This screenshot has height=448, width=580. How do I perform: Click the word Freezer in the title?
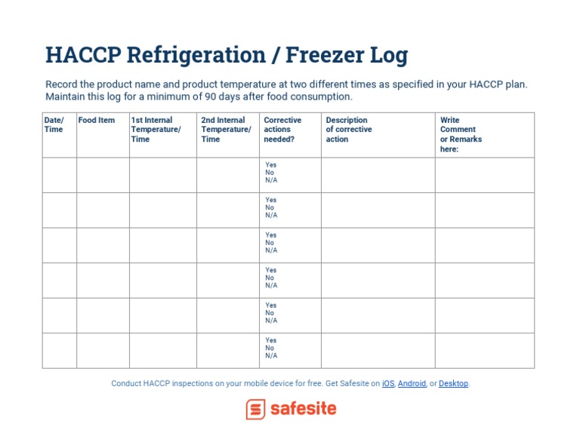click(x=325, y=55)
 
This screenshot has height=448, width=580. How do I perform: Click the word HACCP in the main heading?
click(x=83, y=55)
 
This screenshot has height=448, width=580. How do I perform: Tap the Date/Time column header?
click(x=54, y=125)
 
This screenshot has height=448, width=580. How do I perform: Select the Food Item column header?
click(x=97, y=120)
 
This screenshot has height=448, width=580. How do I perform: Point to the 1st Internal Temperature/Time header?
click(x=156, y=130)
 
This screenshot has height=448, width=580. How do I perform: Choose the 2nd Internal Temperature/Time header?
click(x=226, y=130)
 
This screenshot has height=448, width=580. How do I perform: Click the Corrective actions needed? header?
click(x=282, y=130)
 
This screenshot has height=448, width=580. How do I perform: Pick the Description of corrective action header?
click(x=349, y=130)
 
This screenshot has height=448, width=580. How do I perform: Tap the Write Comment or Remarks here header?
click(x=461, y=134)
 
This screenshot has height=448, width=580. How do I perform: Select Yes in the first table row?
click(x=271, y=164)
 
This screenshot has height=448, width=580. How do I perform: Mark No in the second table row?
click(x=270, y=207)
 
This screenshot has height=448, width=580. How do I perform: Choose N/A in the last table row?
click(x=271, y=356)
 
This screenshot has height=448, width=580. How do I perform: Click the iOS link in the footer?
click(x=388, y=383)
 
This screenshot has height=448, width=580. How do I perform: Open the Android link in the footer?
click(x=412, y=383)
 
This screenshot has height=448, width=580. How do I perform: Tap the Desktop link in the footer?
click(x=453, y=383)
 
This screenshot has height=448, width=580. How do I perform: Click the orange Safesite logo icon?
click(x=255, y=410)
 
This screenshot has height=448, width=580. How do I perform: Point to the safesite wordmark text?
click(x=304, y=409)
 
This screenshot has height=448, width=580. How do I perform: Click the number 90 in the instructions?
click(x=211, y=97)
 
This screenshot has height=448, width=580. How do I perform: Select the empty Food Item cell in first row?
click(x=103, y=175)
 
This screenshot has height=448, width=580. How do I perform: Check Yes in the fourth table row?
click(x=271, y=270)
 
